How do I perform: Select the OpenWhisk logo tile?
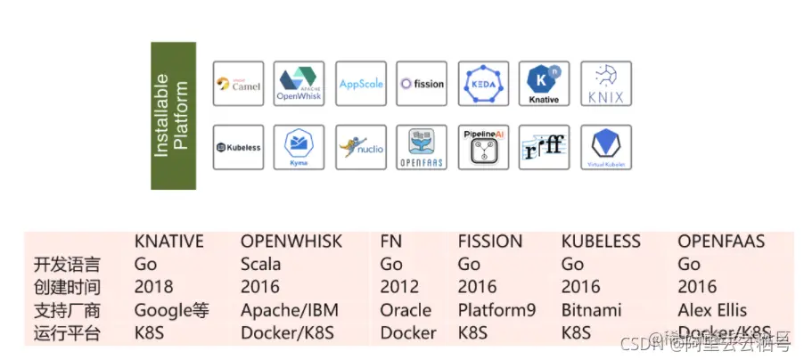pos(299,85)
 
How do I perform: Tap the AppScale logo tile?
pos(361,85)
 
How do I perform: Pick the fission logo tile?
pos(422,85)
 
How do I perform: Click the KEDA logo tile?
pos(483,85)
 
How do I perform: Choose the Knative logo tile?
pos(544,85)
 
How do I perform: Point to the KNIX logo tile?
pos(605,85)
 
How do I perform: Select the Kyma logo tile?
pos(299,147)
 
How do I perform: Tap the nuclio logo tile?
pos(361,147)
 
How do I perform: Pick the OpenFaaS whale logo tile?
pos(422,147)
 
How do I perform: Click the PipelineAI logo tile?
pos(483,147)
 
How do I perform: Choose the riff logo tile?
pos(544,147)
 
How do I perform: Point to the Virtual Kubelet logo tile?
pos(605,147)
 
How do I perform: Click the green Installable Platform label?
pos(173,115)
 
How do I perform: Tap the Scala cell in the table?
pos(260,265)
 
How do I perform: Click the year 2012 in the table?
pos(398,287)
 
